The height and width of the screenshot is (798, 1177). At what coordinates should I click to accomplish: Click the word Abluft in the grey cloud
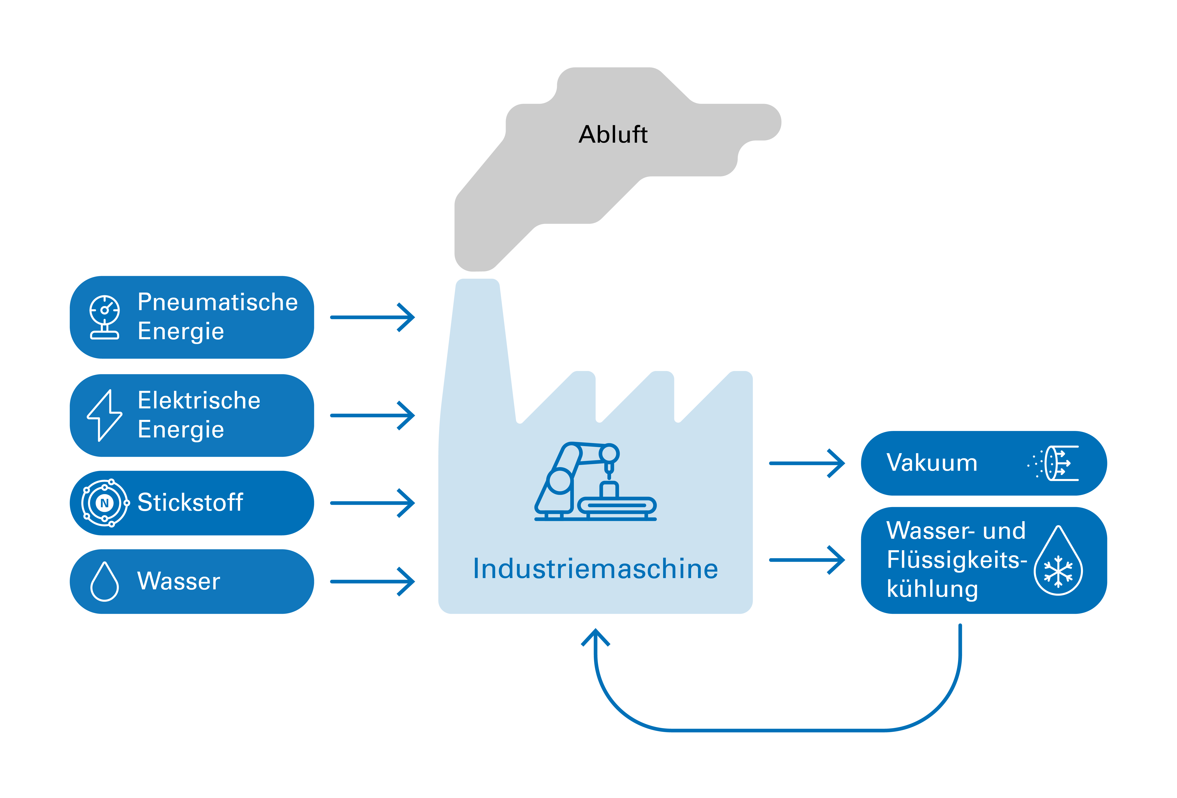pos(613,135)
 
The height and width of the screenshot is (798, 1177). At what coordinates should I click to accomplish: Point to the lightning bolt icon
pos(104,415)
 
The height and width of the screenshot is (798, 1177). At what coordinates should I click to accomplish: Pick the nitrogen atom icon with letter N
pos(105,503)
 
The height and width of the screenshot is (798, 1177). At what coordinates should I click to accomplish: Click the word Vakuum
pos(932,463)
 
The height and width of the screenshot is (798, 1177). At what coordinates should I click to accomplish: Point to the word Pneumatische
pos(218,302)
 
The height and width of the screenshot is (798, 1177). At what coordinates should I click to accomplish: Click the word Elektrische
pos(199,401)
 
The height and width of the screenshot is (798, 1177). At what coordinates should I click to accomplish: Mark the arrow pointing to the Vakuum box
pos(806,463)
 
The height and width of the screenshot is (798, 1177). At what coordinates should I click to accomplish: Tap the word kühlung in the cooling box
pos(932,589)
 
